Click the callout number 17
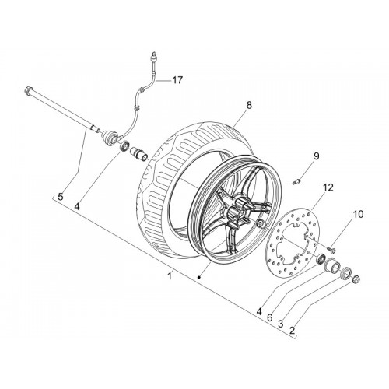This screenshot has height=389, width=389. [177, 80]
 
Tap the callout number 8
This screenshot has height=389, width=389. [249, 105]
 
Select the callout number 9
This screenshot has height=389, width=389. [317, 156]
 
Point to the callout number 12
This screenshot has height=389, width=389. [328, 187]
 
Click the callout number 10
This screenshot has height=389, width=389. [358, 214]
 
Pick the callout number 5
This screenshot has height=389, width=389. [61, 197]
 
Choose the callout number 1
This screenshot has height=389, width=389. [170, 275]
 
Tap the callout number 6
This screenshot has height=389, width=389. [269, 317]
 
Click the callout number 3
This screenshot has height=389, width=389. [280, 324]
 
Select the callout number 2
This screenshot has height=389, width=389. [292, 330]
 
